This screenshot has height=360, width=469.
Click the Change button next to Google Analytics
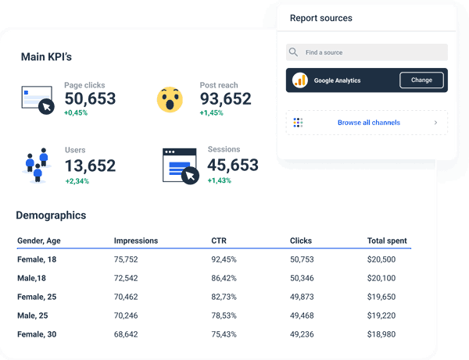[421, 80]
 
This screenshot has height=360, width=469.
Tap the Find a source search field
[367, 52]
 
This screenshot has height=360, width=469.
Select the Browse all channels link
[368, 123]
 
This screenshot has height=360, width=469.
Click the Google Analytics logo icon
[300, 80]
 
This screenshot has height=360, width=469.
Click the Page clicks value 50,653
[90, 99]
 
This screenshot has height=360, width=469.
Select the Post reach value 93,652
[225, 99]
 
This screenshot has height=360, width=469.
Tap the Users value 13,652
[90, 166]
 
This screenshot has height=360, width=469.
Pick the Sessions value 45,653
[233, 166]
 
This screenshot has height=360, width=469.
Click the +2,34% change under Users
[77, 181]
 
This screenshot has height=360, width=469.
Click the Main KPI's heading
[46, 57]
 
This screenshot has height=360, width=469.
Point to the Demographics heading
[51, 216]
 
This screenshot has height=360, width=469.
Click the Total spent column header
[387, 241]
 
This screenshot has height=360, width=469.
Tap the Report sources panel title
[320, 18]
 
